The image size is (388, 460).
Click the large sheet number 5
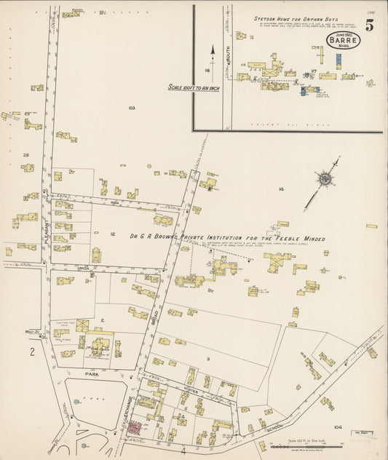coord(370,25)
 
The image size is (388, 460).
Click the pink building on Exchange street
coord(135,427)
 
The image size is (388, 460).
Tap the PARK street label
coord(90,374)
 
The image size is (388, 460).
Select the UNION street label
coord(83,269)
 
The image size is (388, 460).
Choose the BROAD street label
coord(154,317)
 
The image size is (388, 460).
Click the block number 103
coord(131,108)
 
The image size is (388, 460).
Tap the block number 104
coord(337,427)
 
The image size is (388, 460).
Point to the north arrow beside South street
coord(213,52)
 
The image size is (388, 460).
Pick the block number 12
coord(113,234)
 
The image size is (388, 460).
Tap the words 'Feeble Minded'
coord(290,239)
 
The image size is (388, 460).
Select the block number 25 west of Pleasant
coord(25,155)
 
